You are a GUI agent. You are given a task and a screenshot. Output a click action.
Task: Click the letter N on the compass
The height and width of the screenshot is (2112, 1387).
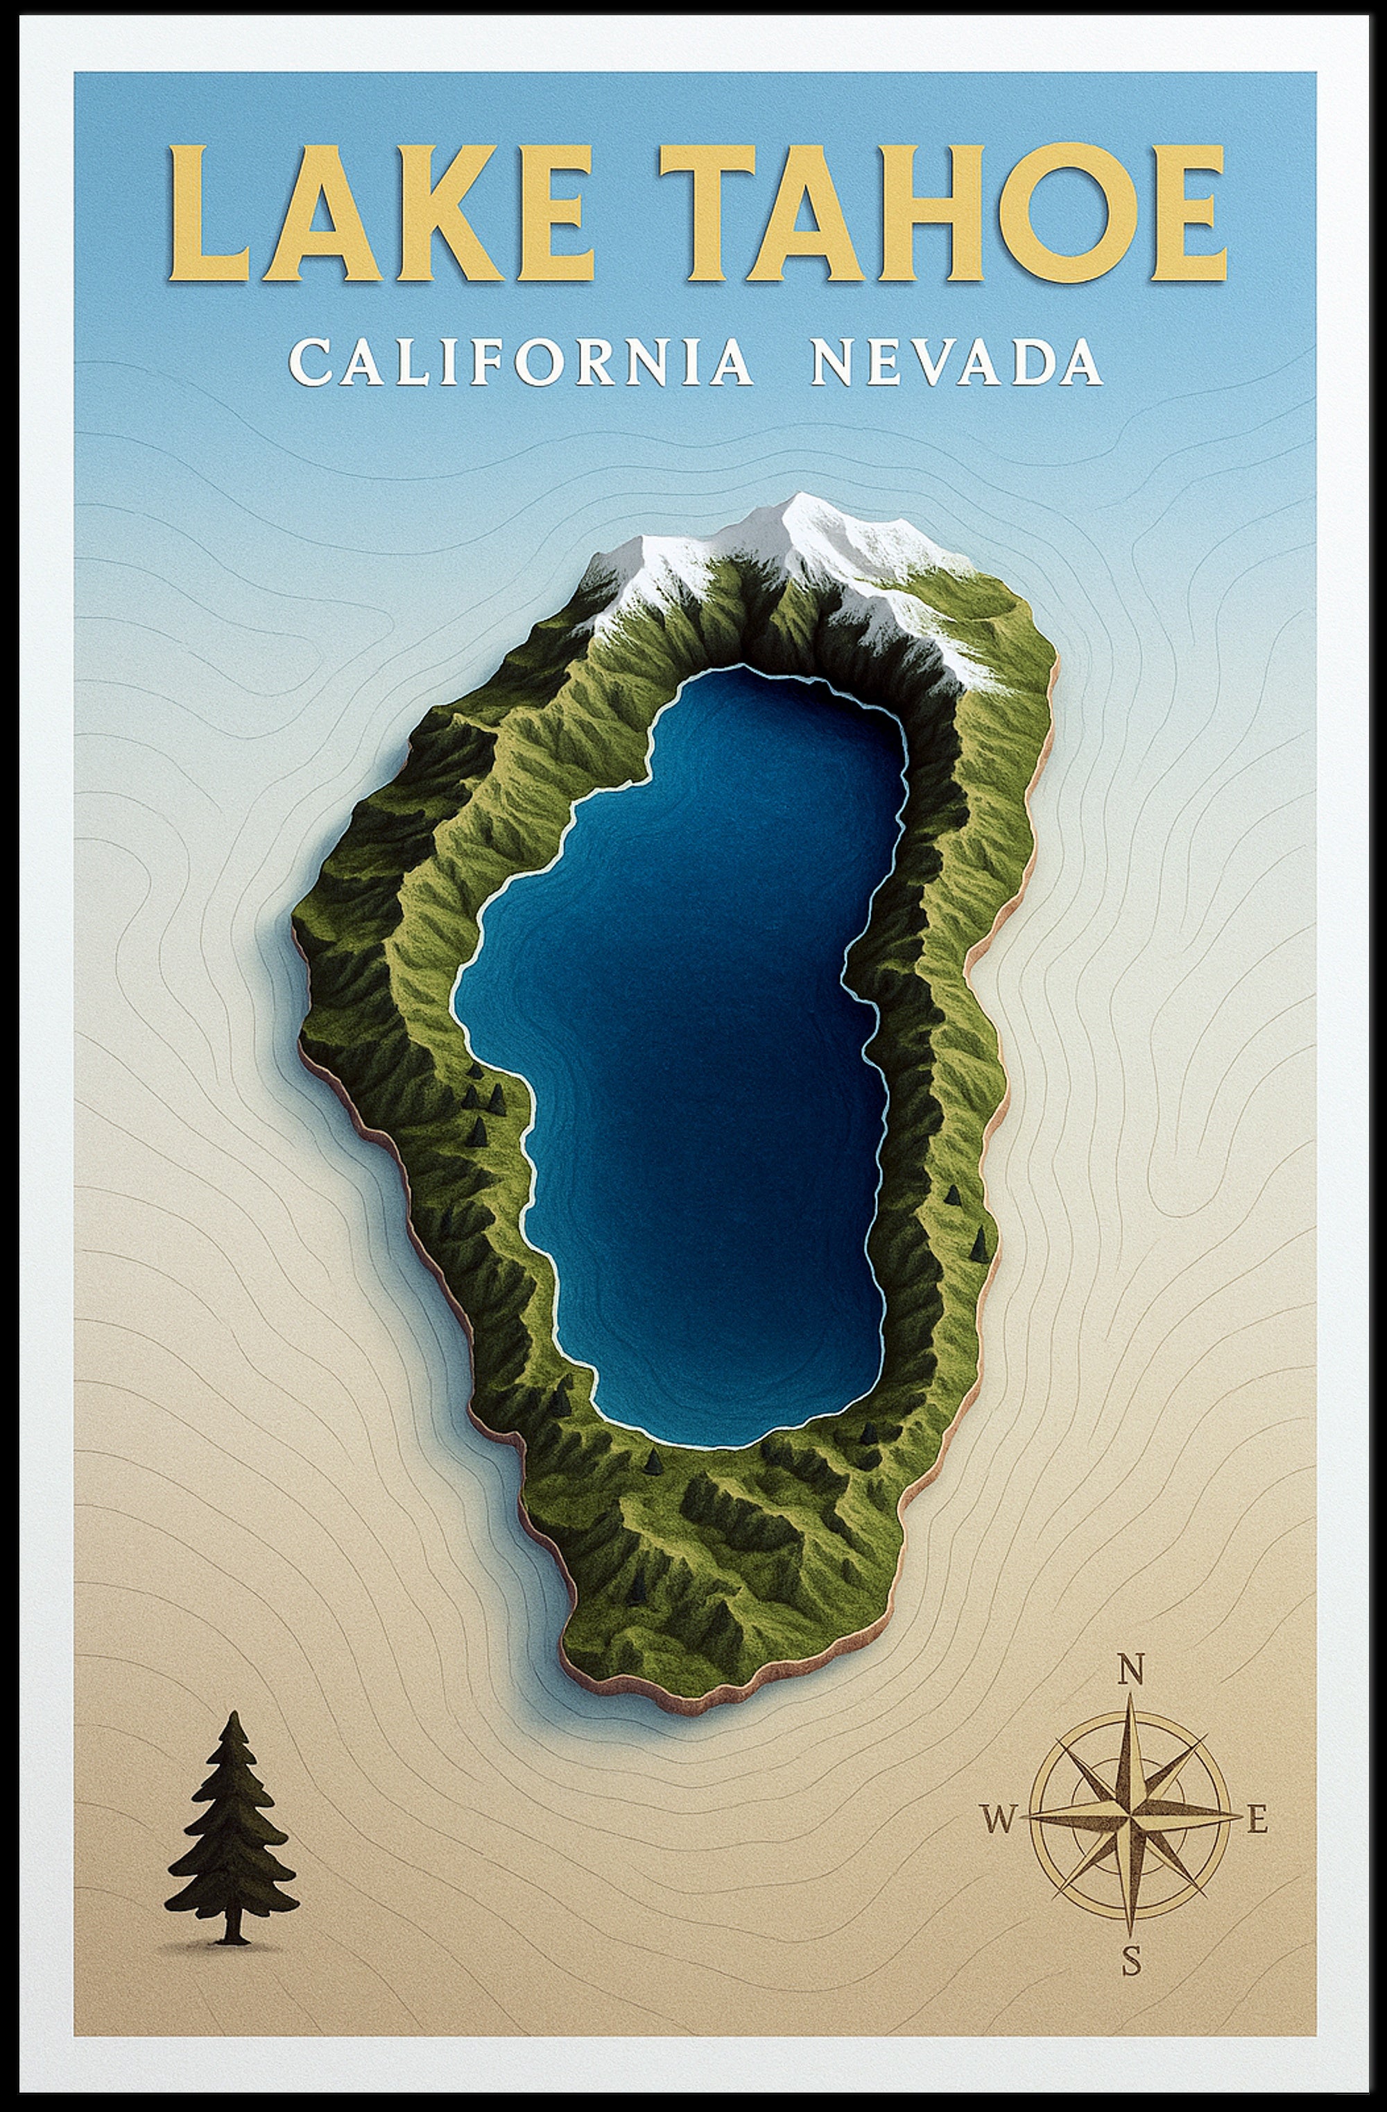(x=1130, y=1672)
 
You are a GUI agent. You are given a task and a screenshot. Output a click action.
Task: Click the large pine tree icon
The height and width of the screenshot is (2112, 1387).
(x=232, y=1837)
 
